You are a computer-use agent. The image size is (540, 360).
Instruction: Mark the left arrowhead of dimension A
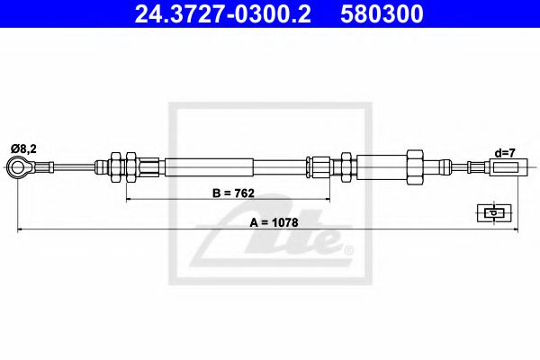coord(21,231)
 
